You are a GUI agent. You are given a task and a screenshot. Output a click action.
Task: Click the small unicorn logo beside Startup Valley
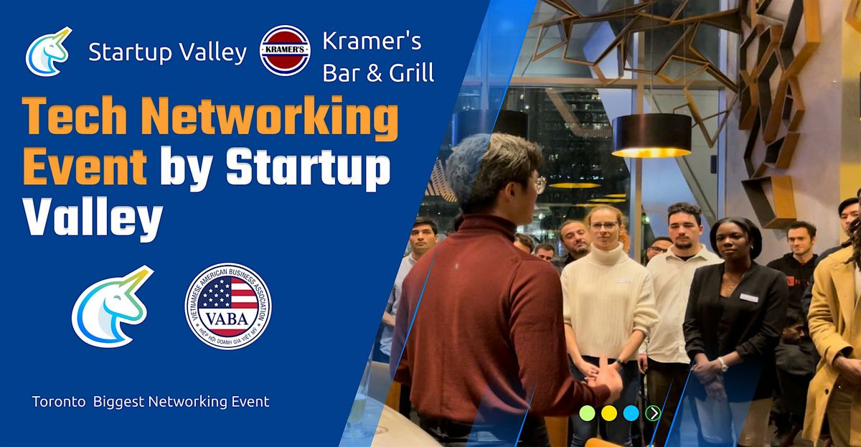point(48,51)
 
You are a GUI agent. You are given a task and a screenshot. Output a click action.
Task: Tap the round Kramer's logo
point(285,50)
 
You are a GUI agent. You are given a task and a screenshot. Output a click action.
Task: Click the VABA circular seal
point(228,306)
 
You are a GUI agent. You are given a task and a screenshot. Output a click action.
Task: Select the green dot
point(587,413)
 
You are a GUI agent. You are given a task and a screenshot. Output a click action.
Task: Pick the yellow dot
point(609,413)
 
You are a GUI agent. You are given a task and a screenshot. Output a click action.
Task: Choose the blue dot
point(631,413)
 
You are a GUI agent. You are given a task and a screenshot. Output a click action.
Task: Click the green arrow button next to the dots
point(652,413)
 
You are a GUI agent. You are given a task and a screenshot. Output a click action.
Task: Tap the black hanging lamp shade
point(651,134)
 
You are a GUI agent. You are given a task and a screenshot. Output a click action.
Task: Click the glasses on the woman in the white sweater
point(603,226)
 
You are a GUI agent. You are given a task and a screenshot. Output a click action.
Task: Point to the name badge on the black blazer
point(748,297)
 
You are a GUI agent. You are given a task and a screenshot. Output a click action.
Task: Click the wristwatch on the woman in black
point(723,364)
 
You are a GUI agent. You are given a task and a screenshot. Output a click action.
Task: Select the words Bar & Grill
point(378,72)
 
